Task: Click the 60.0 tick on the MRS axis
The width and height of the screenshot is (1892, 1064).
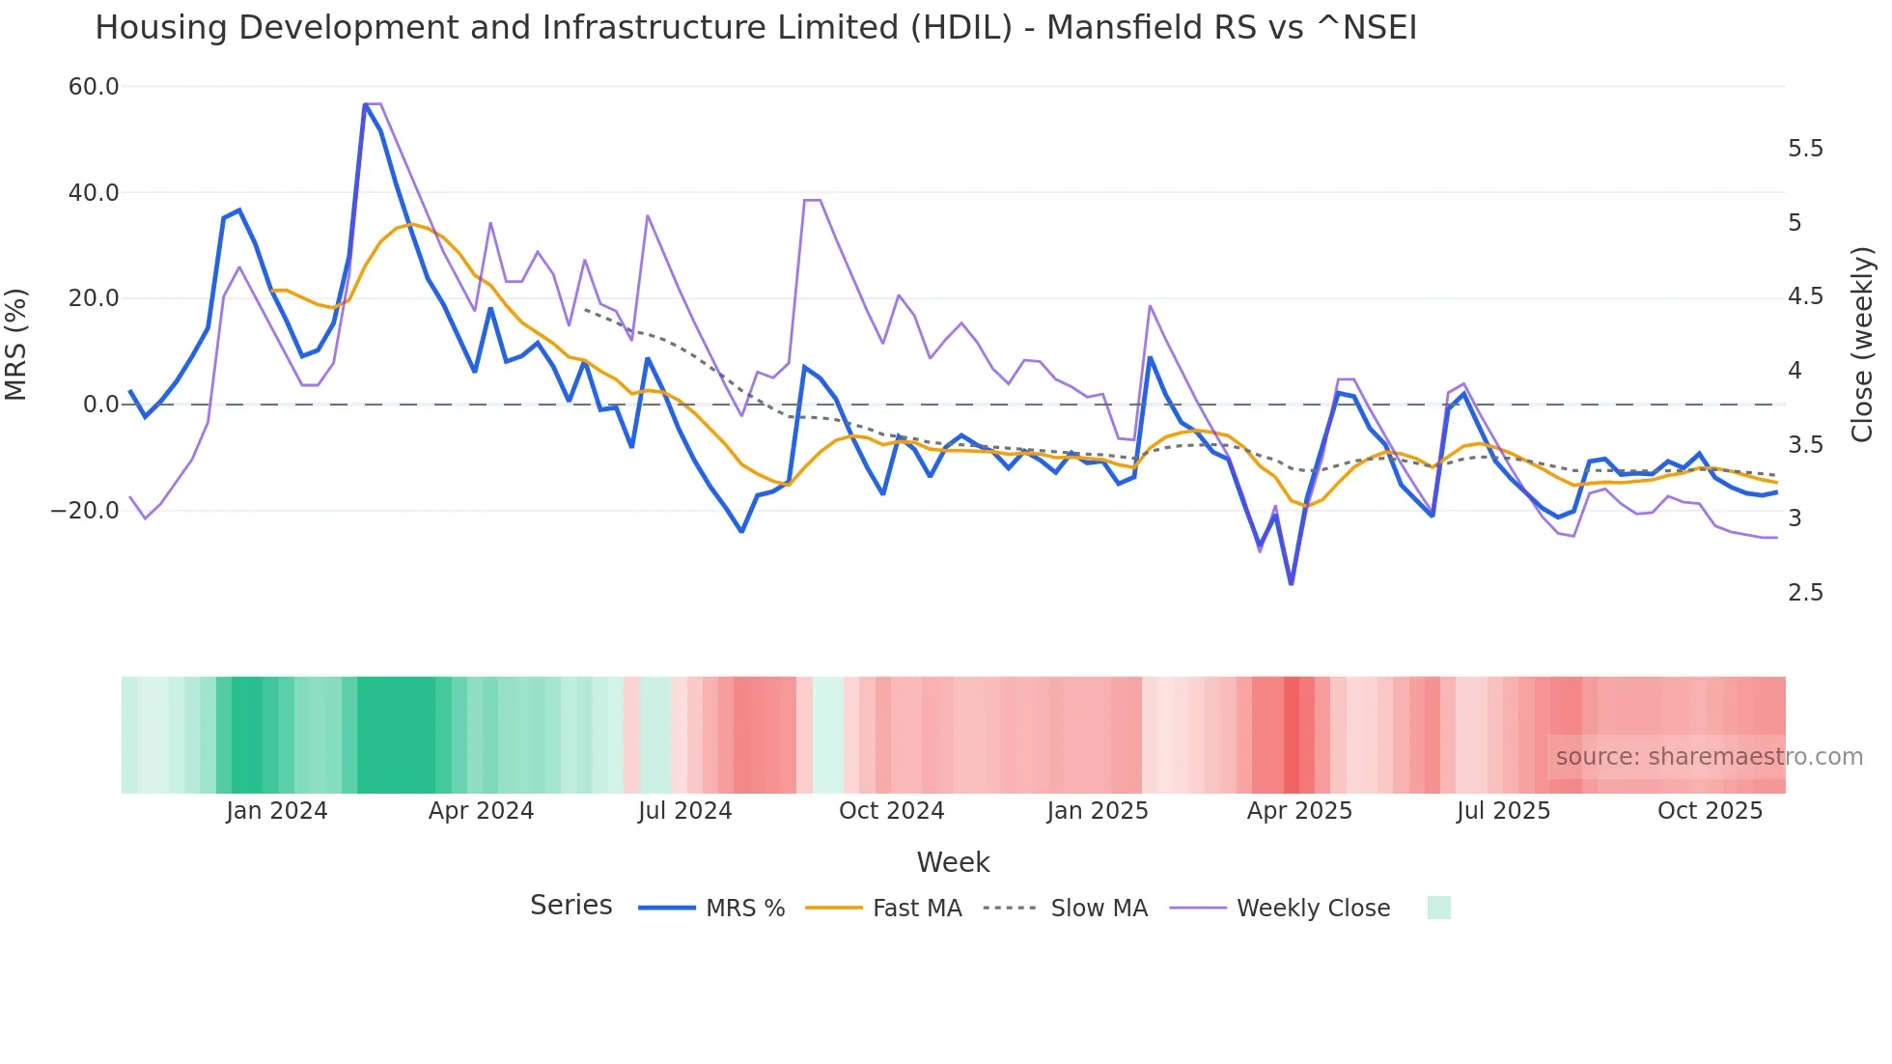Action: pos(94,87)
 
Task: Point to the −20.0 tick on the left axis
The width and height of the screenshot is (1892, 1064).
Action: pos(85,511)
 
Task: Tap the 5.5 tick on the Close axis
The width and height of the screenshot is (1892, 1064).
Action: pos(1805,149)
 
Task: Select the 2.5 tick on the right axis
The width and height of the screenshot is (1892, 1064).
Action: pos(1805,593)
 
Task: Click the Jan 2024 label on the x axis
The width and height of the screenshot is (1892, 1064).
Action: pos(277,811)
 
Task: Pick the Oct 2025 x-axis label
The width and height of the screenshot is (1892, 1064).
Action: pos(1710,811)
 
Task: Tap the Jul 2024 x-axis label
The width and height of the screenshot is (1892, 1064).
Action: pos(684,811)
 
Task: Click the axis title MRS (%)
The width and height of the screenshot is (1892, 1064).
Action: pos(16,345)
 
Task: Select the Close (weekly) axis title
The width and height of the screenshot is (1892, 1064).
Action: pos(1862,345)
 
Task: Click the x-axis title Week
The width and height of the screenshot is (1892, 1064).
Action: pos(953,862)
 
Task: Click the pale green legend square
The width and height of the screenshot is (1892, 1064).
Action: pos(1438,908)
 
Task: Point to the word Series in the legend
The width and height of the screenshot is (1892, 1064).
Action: pos(570,906)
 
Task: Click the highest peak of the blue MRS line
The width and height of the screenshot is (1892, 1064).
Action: pos(366,104)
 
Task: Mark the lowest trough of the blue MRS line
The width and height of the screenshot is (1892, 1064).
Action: pos(1292,583)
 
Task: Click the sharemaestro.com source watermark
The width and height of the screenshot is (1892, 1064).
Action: pos(1709,757)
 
